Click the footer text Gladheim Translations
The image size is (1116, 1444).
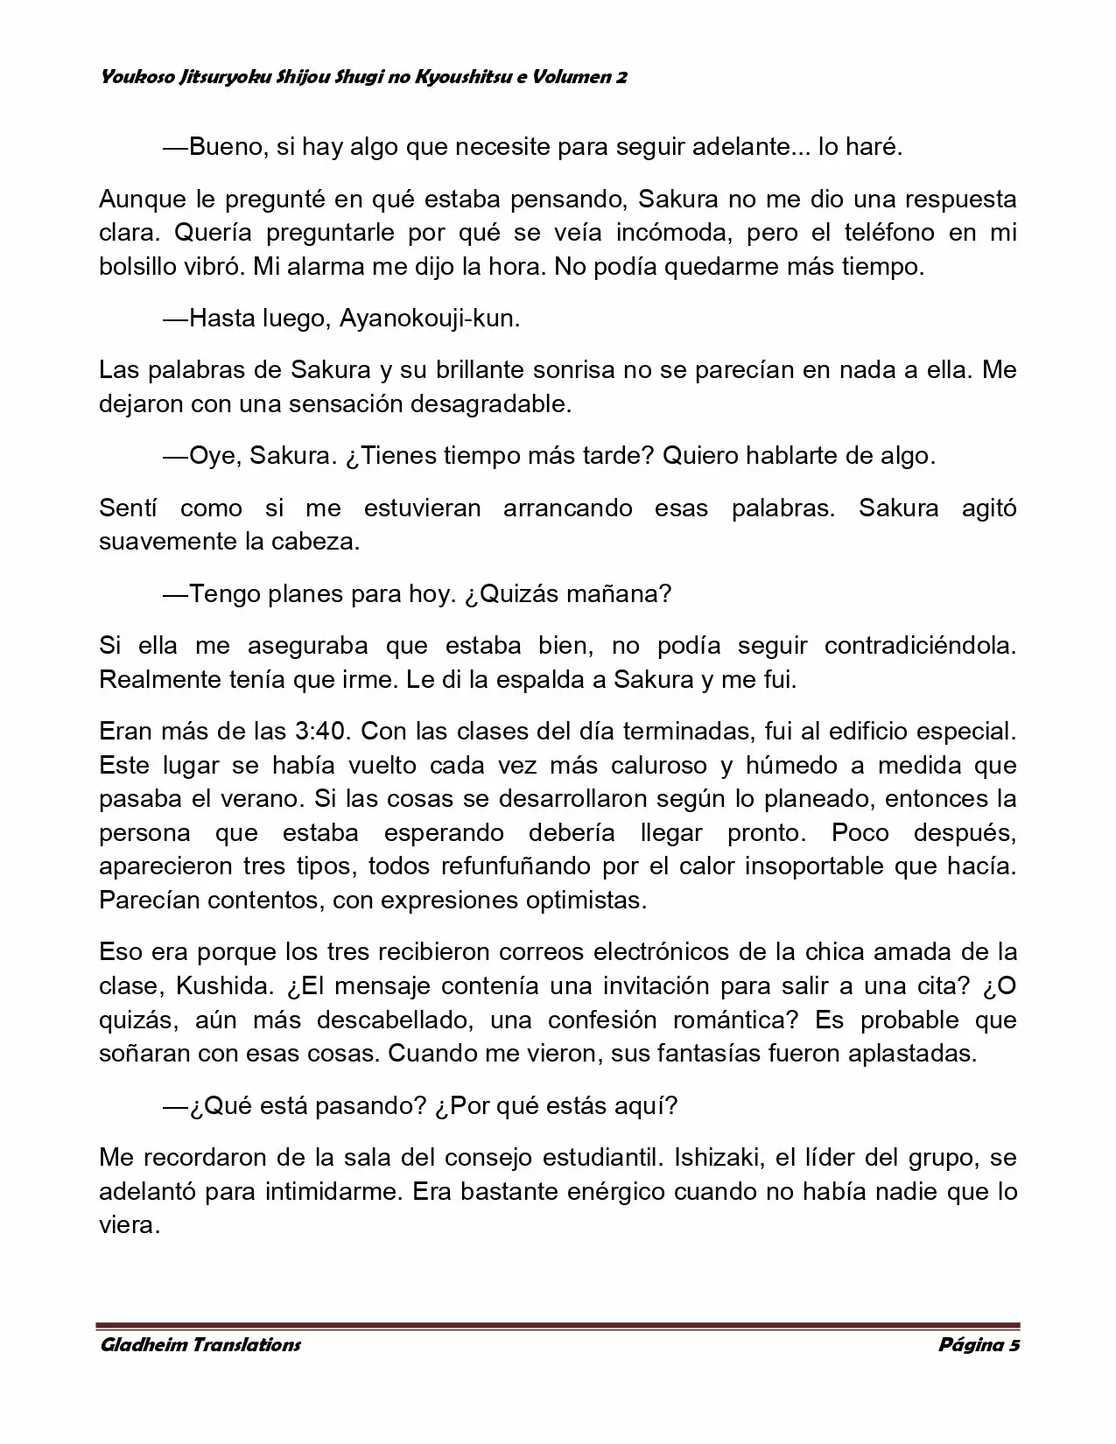pyautogui.click(x=200, y=1345)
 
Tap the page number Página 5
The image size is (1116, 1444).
pyautogui.click(x=979, y=1345)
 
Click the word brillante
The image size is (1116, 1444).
pyautogui.click(x=477, y=370)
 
